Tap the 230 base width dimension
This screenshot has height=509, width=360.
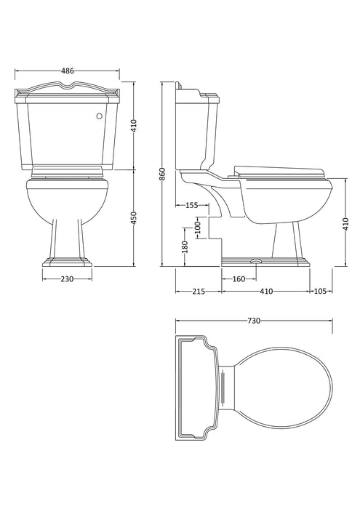(67, 279)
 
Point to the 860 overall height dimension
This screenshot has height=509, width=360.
(163, 175)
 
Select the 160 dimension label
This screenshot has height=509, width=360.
(238, 279)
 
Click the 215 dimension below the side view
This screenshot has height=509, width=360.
(198, 292)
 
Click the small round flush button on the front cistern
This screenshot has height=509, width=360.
(100, 114)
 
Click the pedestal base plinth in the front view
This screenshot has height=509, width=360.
(67, 260)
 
